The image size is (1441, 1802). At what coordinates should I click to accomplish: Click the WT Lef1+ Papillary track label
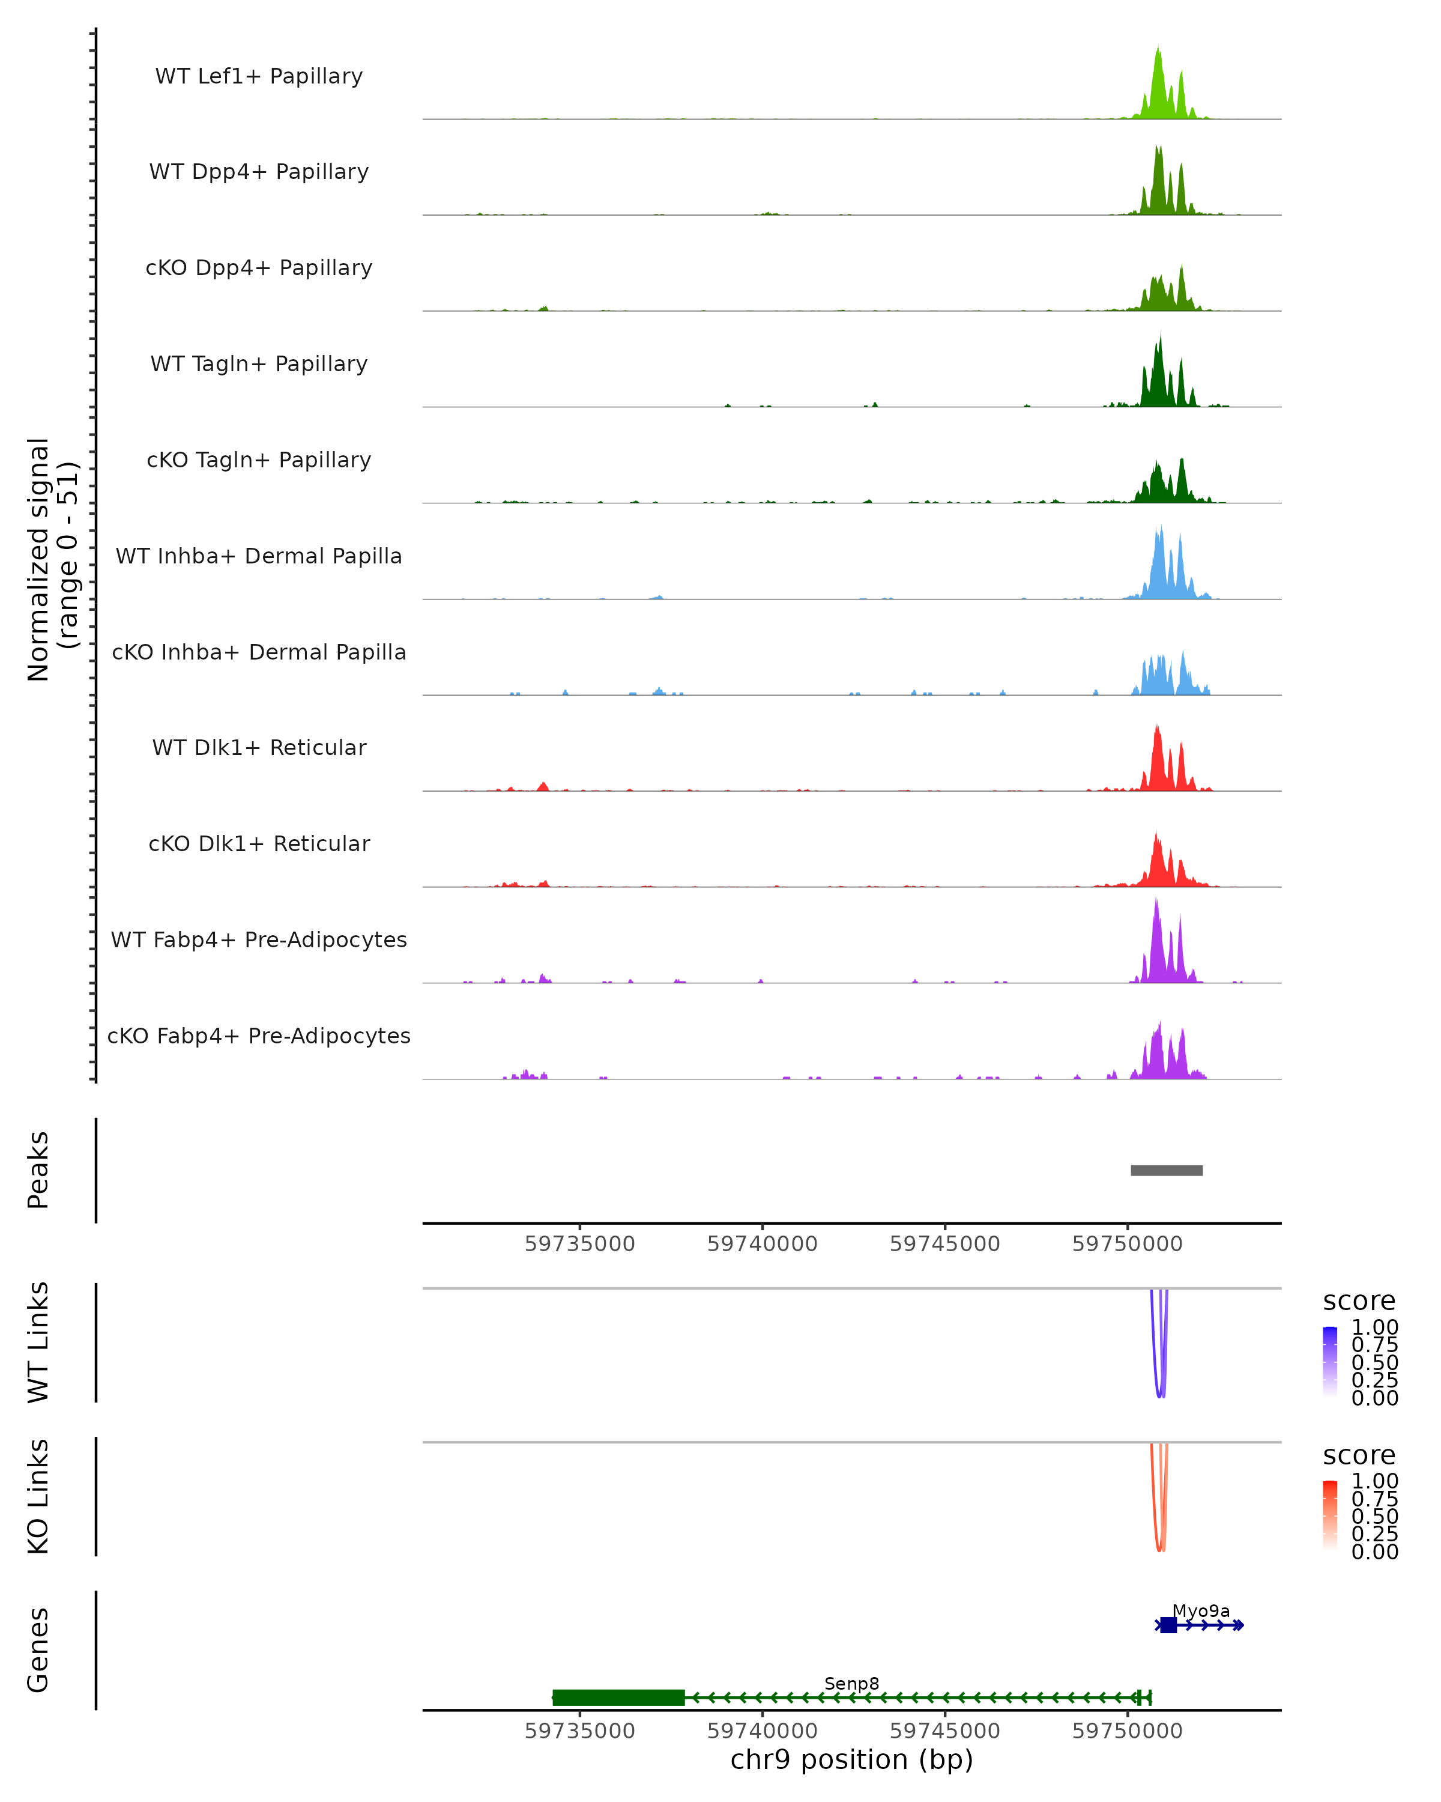259,76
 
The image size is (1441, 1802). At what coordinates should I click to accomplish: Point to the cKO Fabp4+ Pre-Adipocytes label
259,1036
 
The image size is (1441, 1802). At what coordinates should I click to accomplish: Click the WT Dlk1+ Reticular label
259,747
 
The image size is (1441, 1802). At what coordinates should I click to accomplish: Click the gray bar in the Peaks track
1166,1170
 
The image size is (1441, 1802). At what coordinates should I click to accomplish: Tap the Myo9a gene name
1200,1610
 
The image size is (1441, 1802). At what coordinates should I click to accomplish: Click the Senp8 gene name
851,1683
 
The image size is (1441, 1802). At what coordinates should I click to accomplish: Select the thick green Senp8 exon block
618,1697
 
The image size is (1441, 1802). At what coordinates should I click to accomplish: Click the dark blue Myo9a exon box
1168,1625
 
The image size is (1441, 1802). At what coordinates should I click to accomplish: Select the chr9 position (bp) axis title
851,1760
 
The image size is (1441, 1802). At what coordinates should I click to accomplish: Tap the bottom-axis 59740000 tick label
762,1731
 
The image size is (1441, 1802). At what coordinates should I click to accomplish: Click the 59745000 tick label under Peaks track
945,1244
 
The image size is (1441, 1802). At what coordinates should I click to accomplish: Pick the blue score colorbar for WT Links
1330,1362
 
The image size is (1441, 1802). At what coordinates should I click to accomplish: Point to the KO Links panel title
38,1496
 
